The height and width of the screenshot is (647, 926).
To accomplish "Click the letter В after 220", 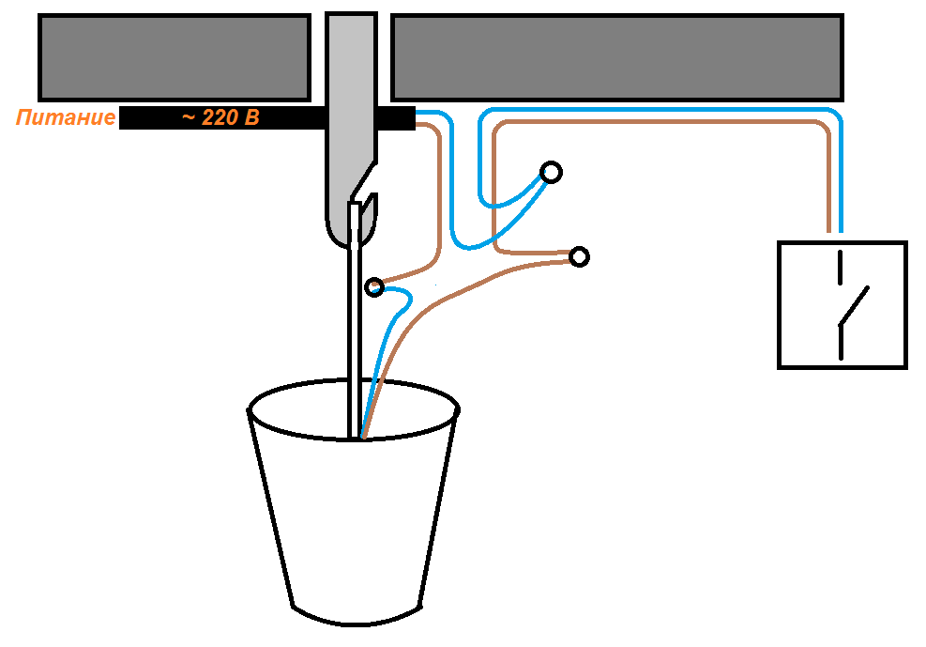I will pyautogui.click(x=250, y=118).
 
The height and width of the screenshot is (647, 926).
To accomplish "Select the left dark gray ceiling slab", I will pyautogui.click(x=174, y=56).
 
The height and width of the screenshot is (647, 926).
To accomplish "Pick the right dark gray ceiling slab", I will pyautogui.click(x=615, y=56).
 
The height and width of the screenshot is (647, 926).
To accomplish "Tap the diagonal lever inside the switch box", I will pyautogui.click(x=854, y=305).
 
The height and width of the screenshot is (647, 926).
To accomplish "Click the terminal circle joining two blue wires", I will pyautogui.click(x=552, y=172).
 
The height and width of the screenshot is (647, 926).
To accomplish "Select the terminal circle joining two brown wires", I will pyautogui.click(x=580, y=255).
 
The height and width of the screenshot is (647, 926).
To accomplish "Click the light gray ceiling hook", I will pyautogui.click(x=349, y=122).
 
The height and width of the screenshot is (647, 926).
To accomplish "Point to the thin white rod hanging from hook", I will pyautogui.click(x=354, y=329).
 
